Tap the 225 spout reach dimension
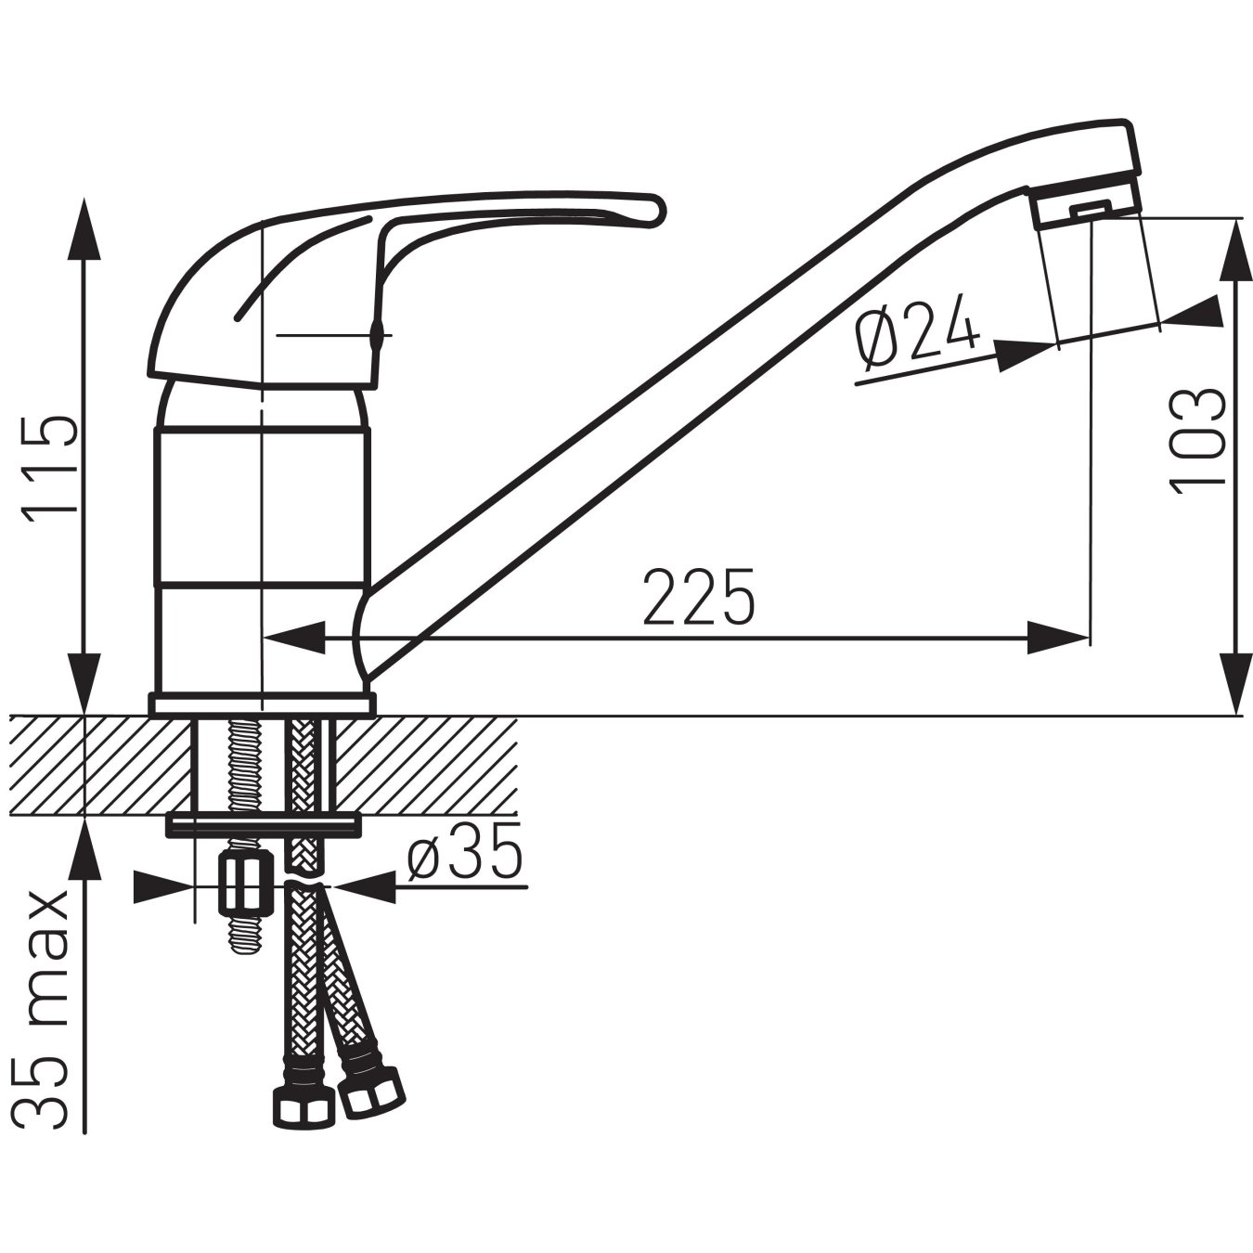pyautogui.click(x=699, y=596)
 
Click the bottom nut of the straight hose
pyautogui.click(x=303, y=1104)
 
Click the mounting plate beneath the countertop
pyautogui.click(x=263, y=823)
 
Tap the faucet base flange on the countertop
pyautogui.click(x=263, y=704)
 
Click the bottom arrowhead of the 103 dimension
pyautogui.click(x=1235, y=682)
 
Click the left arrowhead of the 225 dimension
pyautogui.click(x=295, y=638)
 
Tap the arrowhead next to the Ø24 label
pyautogui.click(x=1027, y=355)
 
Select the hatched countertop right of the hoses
pyautogui.click(x=422, y=765)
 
